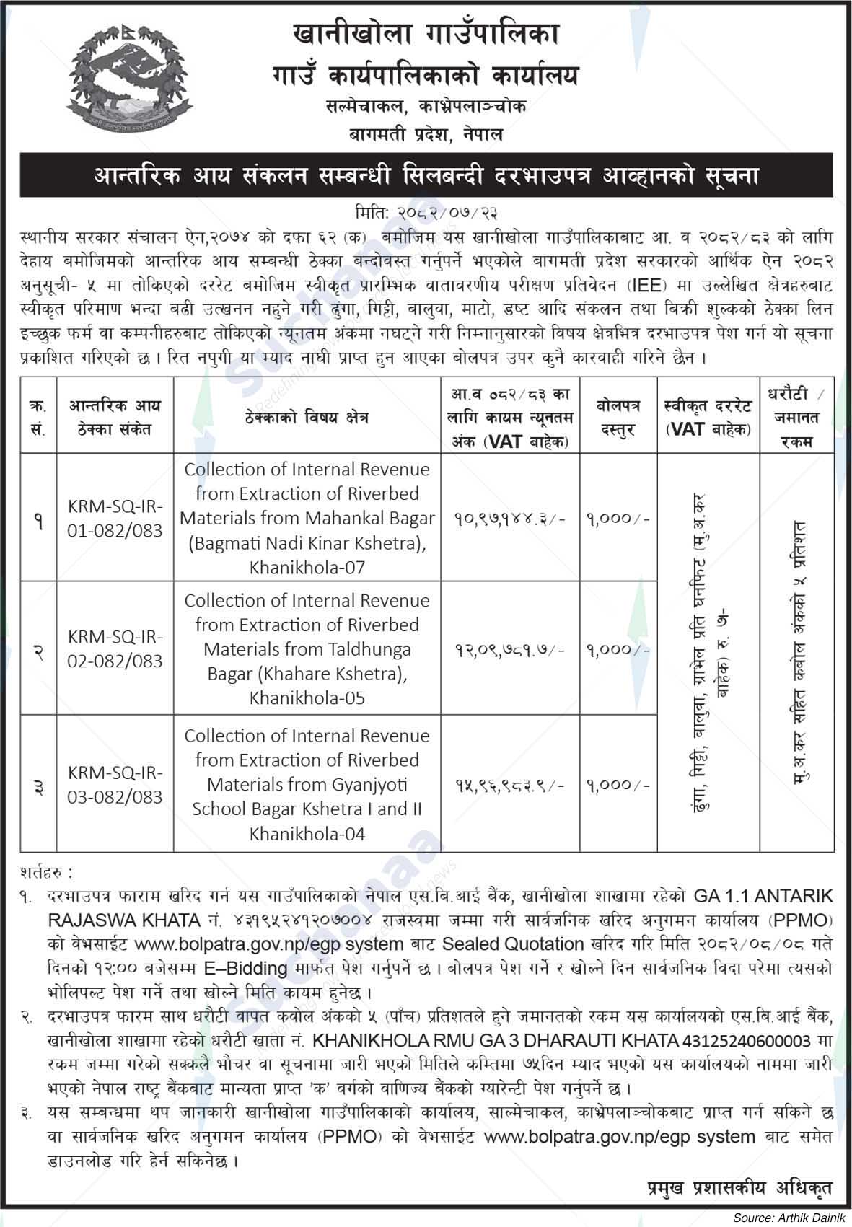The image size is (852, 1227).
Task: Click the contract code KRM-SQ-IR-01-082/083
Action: coord(115,519)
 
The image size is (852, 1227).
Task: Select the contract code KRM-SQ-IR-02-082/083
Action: coord(115,649)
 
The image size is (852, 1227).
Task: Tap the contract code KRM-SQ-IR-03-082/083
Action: coord(115,785)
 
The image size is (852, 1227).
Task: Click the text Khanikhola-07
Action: coord(307,568)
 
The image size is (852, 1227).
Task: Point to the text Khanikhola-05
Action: coord(307,698)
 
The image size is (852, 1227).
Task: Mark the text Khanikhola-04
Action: coord(307,835)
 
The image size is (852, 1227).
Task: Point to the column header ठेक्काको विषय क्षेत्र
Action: coord(307,418)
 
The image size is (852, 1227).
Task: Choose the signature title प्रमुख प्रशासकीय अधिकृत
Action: coord(739,1188)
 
